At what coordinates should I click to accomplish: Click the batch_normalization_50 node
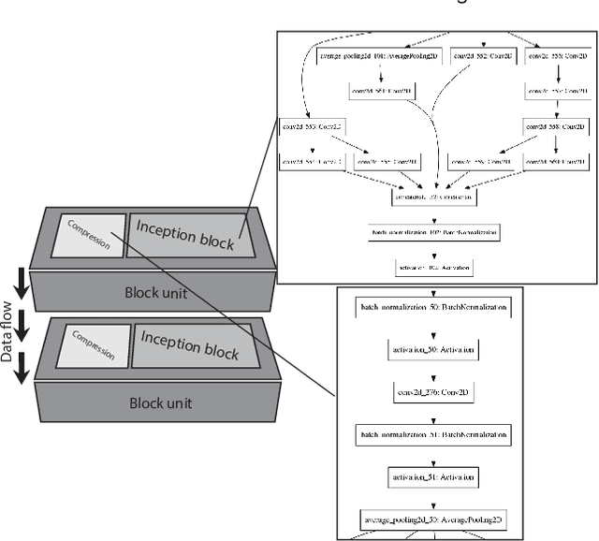click(431, 306)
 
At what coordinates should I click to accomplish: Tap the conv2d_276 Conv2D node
click(431, 391)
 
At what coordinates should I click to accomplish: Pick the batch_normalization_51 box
click(431, 435)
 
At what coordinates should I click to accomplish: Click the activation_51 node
click(431, 477)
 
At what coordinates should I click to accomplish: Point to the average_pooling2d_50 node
click(431, 519)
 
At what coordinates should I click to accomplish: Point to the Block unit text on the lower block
click(158, 402)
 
